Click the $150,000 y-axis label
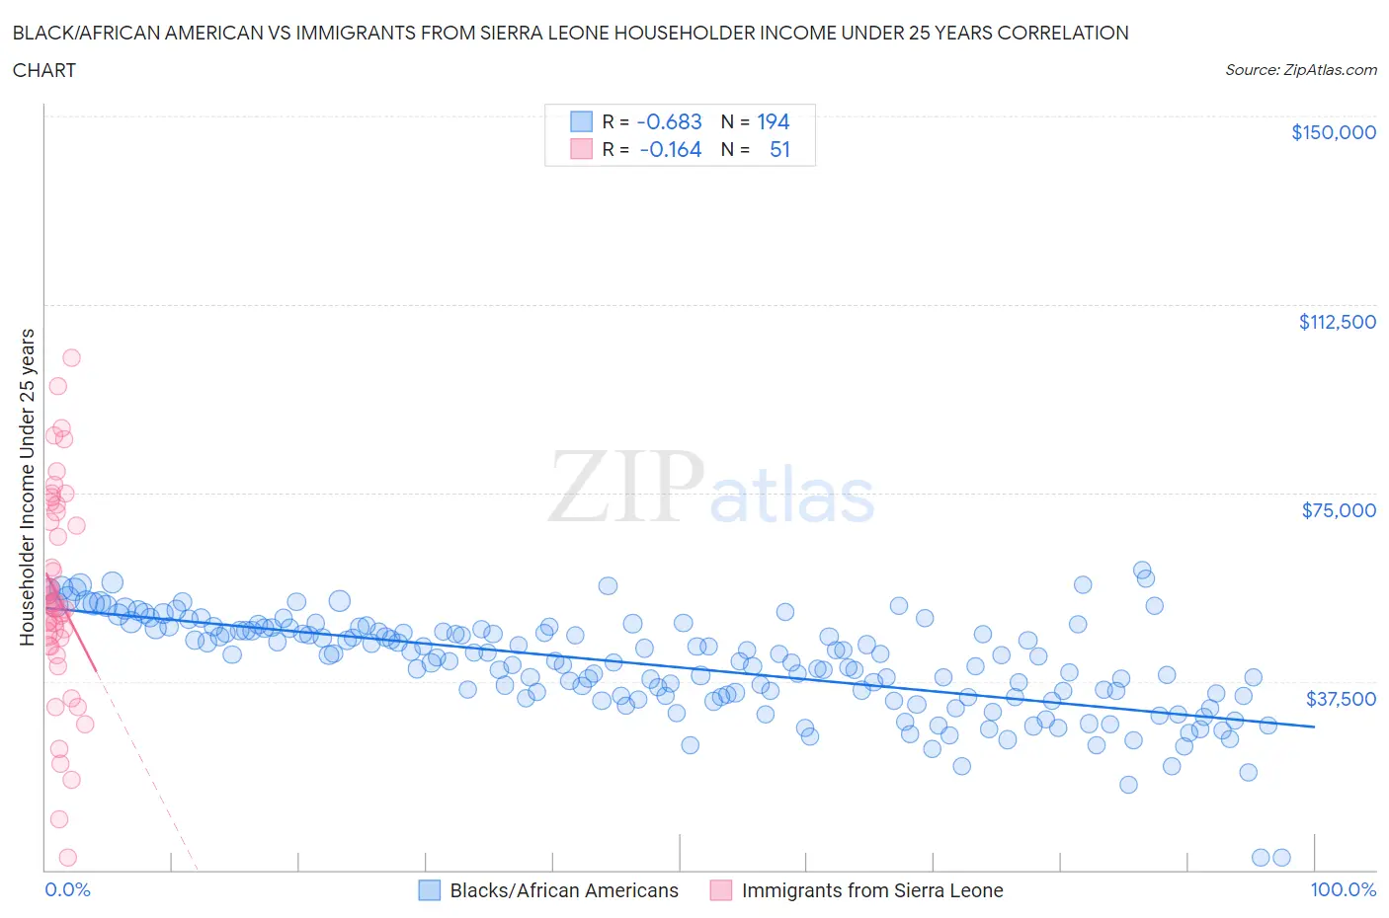pos(1333,132)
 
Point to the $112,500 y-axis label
pos(1337,322)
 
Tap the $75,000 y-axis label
pos(1338,510)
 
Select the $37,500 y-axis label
pos(1340,699)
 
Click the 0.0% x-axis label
pos(67,889)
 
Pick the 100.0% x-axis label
pos(1343,889)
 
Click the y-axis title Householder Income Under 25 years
pos(27,487)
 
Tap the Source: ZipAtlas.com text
pos(1300,70)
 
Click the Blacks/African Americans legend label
pos(563,890)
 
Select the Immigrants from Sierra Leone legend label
pos(871,890)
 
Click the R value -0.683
pos(669,121)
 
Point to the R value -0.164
pos(670,149)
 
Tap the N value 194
pos(773,121)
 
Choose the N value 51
pos(779,149)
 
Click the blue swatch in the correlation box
pos(581,121)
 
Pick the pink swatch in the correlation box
pos(581,149)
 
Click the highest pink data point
pos(71,358)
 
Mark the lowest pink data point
pos(68,857)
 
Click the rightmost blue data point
pos(1281,857)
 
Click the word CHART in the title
pos(44,70)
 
